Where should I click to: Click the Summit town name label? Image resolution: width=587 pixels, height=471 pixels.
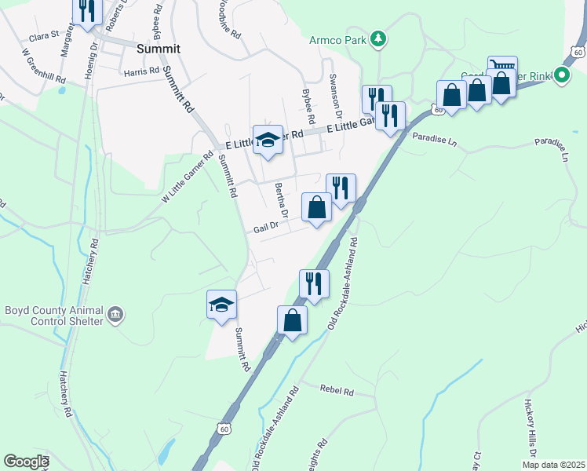pyautogui.click(x=158, y=48)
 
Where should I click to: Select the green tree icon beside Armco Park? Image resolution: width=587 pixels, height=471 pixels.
pyautogui.click(x=378, y=38)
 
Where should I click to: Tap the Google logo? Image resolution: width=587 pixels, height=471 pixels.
pyautogui.click(x=26, y=462)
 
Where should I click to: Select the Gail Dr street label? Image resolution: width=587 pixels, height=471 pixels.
pyautogui.click(x=266, y=229)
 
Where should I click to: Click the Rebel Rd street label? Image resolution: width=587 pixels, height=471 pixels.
pyautogui.click(x=337, y=390)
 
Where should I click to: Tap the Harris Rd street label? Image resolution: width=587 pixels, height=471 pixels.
pyautogui.click(x=141, y=71)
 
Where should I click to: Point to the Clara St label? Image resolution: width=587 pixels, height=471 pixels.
pyautogui.click(x=44, y=35)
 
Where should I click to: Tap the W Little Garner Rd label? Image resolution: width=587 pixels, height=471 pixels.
pyautogui.click(x=188, y=177)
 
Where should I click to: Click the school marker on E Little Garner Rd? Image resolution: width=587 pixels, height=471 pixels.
pyautogui.click(x=268, y=140)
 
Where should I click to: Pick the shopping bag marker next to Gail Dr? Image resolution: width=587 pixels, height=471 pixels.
pyautogui.click(x=317, y=208)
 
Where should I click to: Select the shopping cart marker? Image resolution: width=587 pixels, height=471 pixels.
pyautogui.click(x=502, y=69)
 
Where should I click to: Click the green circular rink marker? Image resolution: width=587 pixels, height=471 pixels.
pyautogui.click(x=561, y=75)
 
